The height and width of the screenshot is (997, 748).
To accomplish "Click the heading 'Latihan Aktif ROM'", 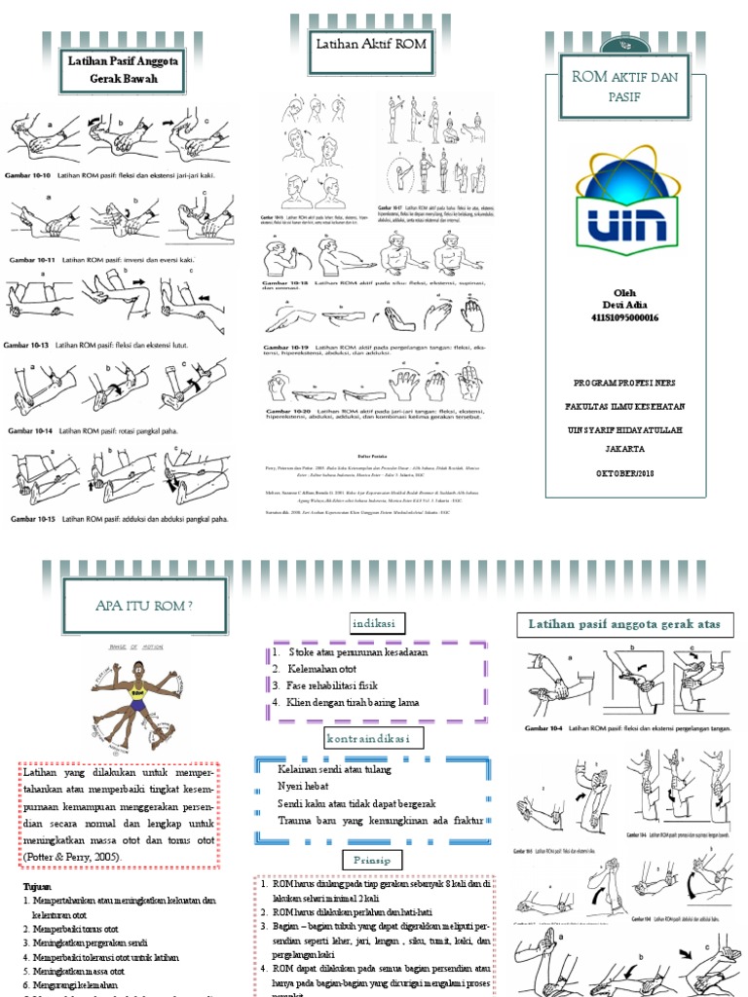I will (370, 44).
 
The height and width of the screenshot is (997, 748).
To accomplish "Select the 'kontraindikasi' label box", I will (375, 739).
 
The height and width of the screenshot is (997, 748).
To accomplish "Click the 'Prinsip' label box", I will (371, 858).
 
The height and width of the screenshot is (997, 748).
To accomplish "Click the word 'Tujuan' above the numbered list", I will (38, 886).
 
